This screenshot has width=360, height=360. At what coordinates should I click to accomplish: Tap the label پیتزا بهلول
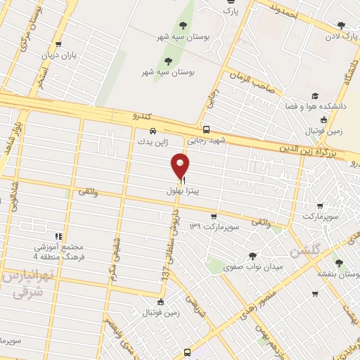184,191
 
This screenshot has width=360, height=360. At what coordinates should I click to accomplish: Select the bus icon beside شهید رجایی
206,130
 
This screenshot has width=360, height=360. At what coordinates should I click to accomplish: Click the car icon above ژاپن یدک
153,130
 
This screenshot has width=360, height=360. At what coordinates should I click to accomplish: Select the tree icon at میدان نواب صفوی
252,256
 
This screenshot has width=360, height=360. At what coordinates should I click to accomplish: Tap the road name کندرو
143,115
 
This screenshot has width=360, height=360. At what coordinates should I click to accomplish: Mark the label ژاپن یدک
153,141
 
